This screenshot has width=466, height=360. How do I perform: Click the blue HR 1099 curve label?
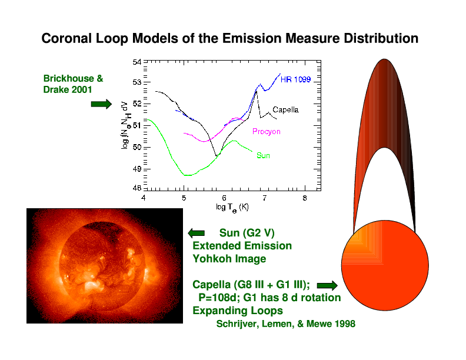click(x=295, y=79)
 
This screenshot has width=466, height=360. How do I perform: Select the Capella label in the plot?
click(x=285, y=110)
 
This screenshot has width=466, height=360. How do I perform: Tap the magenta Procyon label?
click(x=267, y=132)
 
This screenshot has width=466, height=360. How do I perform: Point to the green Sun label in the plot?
click(x=263, y=156)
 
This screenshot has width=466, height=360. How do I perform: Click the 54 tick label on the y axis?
click(x=137, y=62)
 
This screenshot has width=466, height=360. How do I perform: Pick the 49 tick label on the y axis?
click(x=137, y=169)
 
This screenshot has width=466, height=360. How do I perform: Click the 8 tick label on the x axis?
click(x=305, y=198)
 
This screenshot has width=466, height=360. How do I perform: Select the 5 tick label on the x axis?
click(x=184, y=198)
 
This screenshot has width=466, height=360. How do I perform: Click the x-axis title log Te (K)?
click(x=232, y=208)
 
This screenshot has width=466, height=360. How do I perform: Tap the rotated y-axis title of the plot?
click(x=125, y=125)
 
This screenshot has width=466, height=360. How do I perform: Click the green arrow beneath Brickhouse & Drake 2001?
click(x=101, y=104)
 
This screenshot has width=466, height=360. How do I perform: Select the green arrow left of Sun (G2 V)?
click(x=197, y=233)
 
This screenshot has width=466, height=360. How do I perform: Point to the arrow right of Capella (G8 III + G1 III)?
click(x=327, y=286)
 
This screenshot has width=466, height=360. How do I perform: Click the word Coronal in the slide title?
click(x=66, y=38)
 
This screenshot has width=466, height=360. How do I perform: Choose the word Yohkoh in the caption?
click(x=212, y=259)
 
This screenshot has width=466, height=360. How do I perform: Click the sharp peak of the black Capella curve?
click(x=256, y=92)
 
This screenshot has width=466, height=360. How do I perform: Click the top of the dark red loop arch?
click(x=384, y=59)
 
